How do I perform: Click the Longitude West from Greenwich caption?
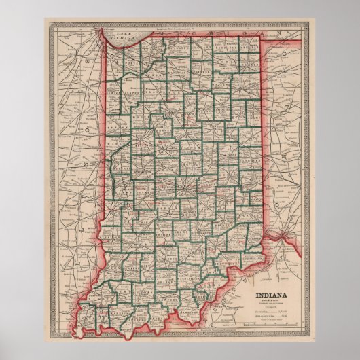point(183,28)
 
